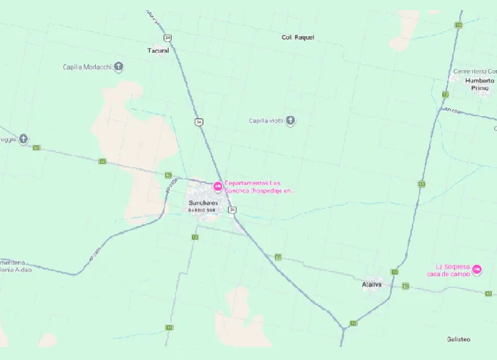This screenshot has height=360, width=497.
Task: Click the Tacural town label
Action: pos(158,51)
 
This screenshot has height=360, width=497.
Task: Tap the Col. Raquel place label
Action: pos(298,37)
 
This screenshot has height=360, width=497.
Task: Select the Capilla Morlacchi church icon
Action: pos(119,67)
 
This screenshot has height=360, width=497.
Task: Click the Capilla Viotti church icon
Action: pos(291,120)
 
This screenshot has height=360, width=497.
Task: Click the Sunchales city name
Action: pos(203,203)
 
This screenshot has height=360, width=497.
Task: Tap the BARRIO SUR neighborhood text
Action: pos(203,209)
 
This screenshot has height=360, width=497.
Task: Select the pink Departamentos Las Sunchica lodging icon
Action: pos(218,187)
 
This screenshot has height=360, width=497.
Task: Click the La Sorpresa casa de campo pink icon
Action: pos(477,270)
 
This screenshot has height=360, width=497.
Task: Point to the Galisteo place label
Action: pos(458,338)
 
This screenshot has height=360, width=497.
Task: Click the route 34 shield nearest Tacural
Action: pos(167,37)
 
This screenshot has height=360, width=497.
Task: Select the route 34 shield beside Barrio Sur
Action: pos(232,209)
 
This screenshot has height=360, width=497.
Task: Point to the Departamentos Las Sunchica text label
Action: pos(260,187)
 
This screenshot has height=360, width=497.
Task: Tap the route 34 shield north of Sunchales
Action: pos(198,121)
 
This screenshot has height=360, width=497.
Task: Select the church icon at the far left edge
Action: pos(24,139)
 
